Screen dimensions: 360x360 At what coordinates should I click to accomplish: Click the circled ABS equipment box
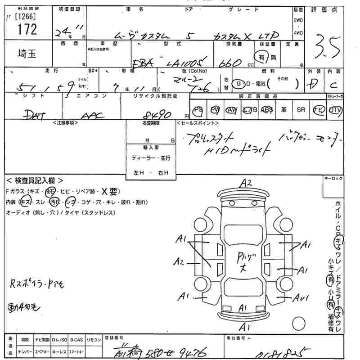tap(267, 110)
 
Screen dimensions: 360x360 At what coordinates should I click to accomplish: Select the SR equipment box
tap(301, 110)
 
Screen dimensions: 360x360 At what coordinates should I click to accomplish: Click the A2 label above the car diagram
tap(246, 183)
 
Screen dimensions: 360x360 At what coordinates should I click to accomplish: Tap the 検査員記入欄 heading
tap(35, 180)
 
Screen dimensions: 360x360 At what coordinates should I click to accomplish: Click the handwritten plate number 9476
tap(195, 349)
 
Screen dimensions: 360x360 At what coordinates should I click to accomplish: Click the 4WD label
tap(298, 33)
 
